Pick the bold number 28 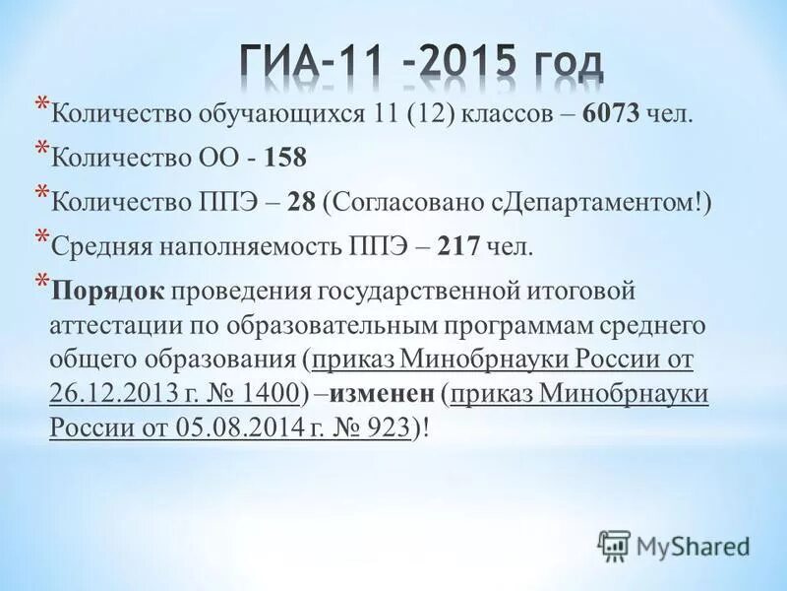301,201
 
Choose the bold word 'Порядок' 110,292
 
